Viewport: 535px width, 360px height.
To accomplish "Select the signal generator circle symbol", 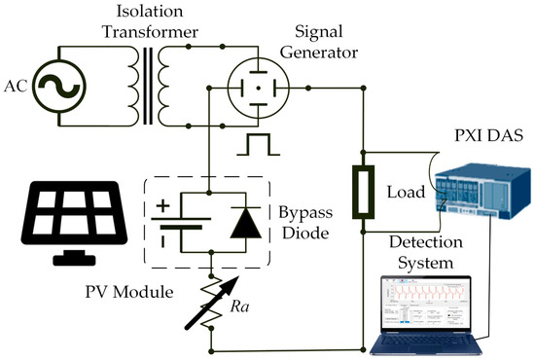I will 254,87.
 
